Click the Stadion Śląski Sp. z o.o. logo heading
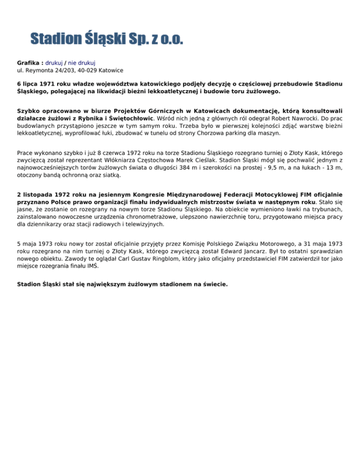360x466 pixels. (107, 38)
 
